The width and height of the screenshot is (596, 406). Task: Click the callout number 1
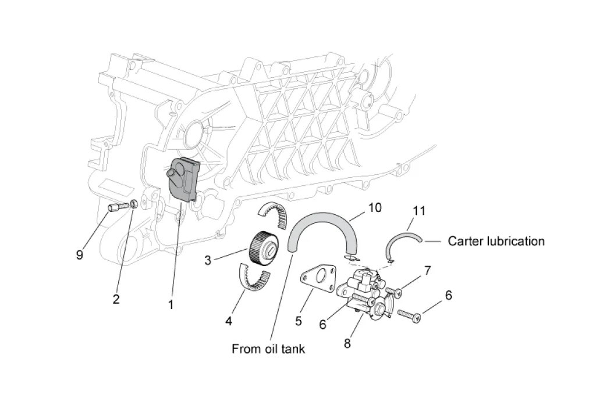171,303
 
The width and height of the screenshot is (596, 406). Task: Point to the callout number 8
347,343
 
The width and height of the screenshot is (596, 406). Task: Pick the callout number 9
80,254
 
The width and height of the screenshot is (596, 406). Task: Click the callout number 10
375,207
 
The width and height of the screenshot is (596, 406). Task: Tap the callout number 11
419,210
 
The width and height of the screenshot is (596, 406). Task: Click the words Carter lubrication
496,241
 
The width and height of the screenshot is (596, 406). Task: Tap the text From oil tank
268,348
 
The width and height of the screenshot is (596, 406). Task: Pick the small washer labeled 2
133,203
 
